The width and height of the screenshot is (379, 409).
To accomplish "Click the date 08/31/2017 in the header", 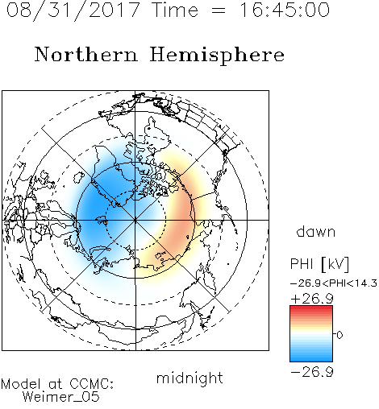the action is pos(73,10).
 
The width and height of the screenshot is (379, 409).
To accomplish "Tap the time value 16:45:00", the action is pos(285,10).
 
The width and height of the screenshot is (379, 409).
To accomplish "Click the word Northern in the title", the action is pos(86,54).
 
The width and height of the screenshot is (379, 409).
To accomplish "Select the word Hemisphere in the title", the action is pos(217,56).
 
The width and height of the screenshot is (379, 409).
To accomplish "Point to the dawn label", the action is pos(316,231).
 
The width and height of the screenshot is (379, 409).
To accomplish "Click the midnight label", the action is pos(189,378).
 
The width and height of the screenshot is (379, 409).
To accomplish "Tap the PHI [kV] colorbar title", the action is pos(320,264).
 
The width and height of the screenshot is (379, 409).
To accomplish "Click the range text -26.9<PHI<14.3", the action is pos(334,283).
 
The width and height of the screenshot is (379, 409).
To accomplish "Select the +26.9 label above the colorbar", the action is pos(312,299).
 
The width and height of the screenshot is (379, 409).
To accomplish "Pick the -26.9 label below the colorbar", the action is pos(312,372).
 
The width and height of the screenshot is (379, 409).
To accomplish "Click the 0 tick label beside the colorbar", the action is pos(339,335).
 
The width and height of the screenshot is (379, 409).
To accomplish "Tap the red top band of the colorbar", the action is pos(311,308).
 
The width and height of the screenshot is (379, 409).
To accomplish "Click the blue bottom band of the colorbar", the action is pos(311,358).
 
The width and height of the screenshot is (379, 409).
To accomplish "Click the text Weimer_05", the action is pos(61,397).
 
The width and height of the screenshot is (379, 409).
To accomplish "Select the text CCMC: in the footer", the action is pos(91,384).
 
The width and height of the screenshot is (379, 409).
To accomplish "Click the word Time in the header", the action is pos(175,10).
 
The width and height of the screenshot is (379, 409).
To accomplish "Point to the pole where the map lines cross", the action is pos(135,220).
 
